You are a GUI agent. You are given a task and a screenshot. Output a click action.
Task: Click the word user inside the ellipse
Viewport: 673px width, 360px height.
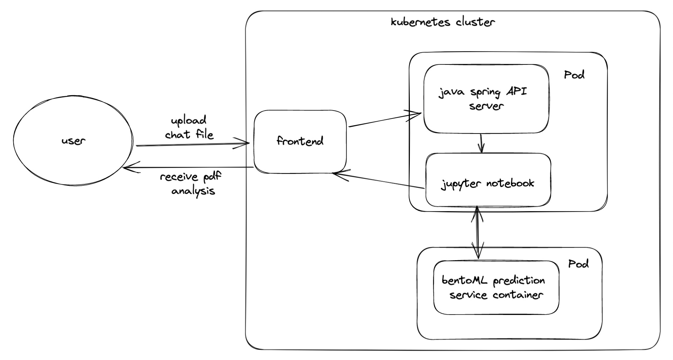click(x=73, y=141)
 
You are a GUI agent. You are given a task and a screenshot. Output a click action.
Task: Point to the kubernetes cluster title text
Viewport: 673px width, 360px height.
click(x=443, y=22)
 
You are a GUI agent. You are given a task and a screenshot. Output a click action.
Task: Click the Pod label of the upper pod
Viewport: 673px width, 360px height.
click(x=574, y=75)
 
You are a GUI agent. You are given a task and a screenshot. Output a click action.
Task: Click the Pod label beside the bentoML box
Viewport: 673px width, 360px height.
click(x=578, y=264)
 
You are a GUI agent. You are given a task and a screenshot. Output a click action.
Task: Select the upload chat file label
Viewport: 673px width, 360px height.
click(x=189, y=127)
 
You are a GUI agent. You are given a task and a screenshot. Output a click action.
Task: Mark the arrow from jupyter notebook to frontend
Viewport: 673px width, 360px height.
click(x=379, y=181)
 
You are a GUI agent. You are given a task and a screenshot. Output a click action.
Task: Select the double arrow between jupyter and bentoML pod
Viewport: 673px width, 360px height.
click(x=477, y=231)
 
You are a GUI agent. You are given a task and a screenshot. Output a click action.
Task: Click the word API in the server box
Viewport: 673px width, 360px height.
click(x=516, y=92)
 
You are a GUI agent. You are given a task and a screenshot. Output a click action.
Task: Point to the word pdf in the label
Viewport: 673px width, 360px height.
click(x=212, y=177)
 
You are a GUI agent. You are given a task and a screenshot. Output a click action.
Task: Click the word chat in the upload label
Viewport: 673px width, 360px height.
click(x=177, y=135)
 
